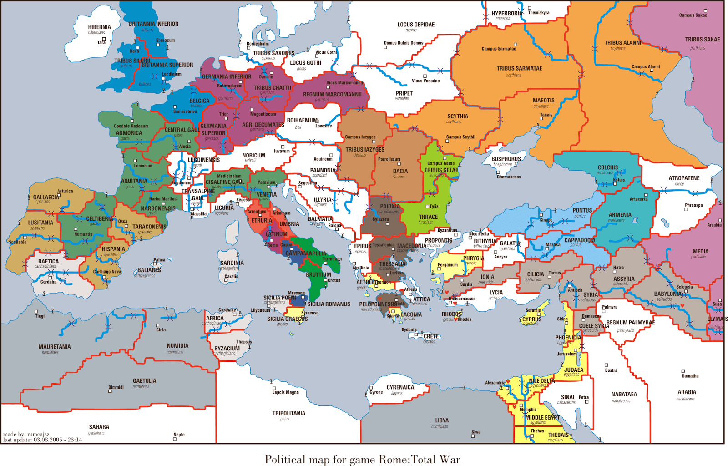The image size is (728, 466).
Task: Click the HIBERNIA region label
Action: (99, 27)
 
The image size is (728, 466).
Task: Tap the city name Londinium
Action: (172, 74)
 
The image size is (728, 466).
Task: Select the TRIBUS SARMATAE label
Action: (519, 69)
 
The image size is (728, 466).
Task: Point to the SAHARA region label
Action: (99, 427)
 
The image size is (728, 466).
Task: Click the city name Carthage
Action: (227, 310)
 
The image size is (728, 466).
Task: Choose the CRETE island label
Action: (431, 337)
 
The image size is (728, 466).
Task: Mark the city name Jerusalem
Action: (566, 354)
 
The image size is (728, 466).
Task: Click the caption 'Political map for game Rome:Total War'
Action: (362, 459)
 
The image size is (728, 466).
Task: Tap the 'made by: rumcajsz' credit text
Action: (26, 434)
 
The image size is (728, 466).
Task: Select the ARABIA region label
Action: (687, 392)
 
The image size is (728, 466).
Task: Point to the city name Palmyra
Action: (610, 307)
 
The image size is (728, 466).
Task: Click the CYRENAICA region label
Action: (400, 388)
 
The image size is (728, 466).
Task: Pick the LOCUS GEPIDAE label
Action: (416, 25)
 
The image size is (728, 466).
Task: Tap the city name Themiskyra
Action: (539, 13)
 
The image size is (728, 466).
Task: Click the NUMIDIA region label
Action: (177, 346)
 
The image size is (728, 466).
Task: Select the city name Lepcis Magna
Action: (286, 392)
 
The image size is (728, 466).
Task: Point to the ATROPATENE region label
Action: (684, 178)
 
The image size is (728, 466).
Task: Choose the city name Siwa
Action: (476, 432)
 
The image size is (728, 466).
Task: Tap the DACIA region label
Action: (400, 172)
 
